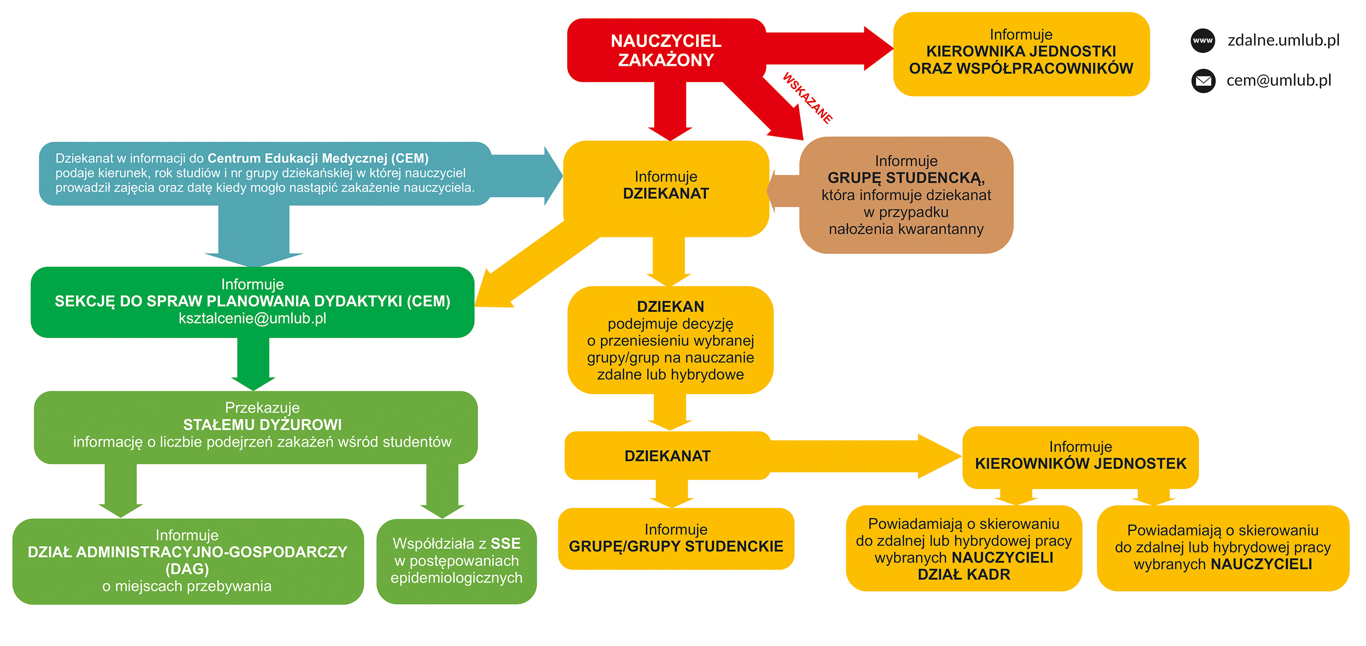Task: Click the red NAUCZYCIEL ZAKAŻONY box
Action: coord(666,50)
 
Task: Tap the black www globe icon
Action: coord(1203,40)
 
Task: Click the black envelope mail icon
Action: coord(1203,80)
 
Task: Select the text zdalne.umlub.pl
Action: coord(1283,40)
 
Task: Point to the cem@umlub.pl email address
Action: coord(1279,80)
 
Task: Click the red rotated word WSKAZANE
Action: coord(807,98)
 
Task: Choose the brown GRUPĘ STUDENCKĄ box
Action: coord(906,195)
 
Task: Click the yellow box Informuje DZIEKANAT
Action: coord(666,189)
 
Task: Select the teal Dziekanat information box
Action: coord(265,173)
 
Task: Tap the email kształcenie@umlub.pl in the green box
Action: coord(252,318)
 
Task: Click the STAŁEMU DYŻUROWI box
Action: coord(256,428)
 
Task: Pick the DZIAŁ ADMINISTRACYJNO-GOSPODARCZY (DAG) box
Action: coord(188,561)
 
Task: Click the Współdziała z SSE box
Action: coord(457,561)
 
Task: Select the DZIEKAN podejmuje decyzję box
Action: coord(670,340)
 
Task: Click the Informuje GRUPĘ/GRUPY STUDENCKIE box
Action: coord(676,538)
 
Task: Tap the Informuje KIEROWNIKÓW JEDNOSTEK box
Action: coord(1080,457)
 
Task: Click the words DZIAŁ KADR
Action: coord(964,574)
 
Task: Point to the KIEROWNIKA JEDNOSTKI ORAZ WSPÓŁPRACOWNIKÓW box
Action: coord(1021,54)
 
